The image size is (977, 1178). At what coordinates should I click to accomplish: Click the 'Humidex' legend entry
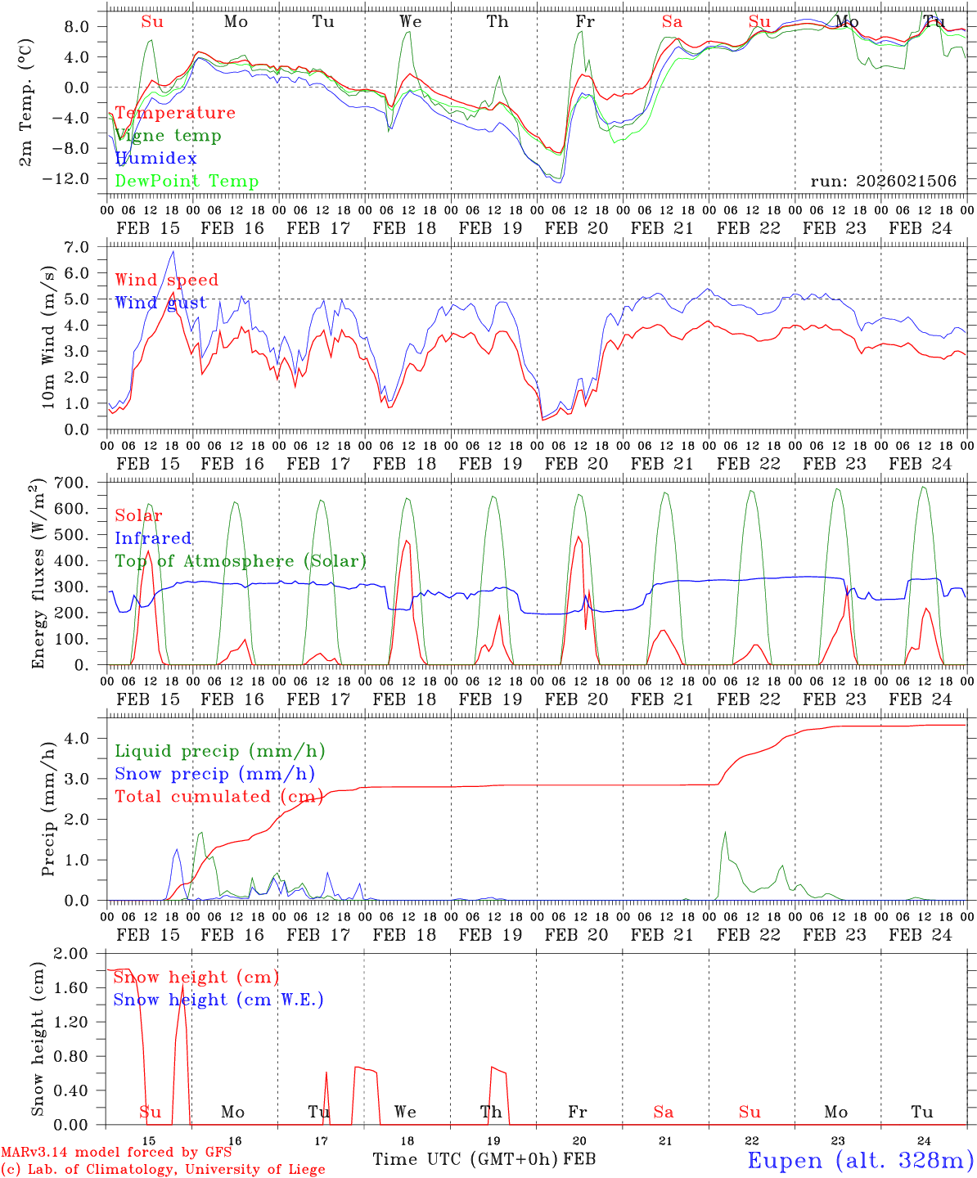pos(155,159)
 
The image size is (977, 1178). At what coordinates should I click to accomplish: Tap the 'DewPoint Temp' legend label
pos(187,182)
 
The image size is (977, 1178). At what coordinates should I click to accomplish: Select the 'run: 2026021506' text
pos(883,182)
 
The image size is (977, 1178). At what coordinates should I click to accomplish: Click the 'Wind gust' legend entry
pos(160,303)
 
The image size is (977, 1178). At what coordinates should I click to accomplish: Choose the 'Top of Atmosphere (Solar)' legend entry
pos(241,561)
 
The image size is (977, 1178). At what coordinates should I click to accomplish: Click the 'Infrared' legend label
pos(153,538)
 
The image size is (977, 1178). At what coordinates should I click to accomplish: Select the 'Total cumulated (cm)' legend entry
pos(218,797)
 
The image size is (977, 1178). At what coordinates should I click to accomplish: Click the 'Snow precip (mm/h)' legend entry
pos(214,774)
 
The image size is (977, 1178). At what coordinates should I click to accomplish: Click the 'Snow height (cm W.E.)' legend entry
pos(218,1000)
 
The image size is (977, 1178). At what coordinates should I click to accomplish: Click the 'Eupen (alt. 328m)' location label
pos(859,1160)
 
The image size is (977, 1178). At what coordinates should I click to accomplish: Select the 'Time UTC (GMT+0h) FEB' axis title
pos(484,1159)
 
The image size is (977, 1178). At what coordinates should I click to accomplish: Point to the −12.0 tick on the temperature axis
pos(67,178)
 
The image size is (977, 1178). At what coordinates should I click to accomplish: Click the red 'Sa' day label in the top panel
pos(672,22)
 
